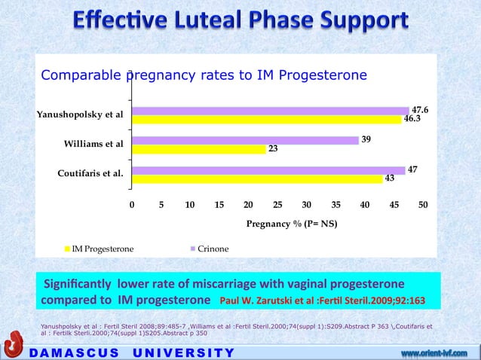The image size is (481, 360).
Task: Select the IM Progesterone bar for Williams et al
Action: pyautogui.click(x=199, y=149)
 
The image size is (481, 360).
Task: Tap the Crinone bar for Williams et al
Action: pyautogui.click(x=245, y=140)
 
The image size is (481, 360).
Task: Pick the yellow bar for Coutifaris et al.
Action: pyautogui.click(x=257, y=179)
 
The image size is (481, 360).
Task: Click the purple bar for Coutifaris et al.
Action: pyautogui.click(x=268, y=170)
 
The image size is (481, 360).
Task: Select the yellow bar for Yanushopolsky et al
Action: pyautogui.click(x=266, y=119)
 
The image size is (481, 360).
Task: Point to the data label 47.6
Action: pyautogui.click(x=420, y=109)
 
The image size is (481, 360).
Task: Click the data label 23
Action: pyautogui.click(x=273, y=149)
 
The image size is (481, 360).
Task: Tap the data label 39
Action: pyautogui.click(x=366, y=139)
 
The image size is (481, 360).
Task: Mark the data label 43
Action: pyautogui.click(x=389, y=179)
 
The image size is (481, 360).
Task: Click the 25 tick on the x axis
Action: pyautogui.click(x=277, y=205)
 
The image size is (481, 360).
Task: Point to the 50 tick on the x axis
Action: pyautogui.click(x=423, y=205)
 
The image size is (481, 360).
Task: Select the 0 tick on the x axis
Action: pyautogui.click(x=132, y=205)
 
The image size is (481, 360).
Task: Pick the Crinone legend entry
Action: pyautogui.click(x=212, y=248)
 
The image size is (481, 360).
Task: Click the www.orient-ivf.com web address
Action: pyautogui.click(x=439, y=352)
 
